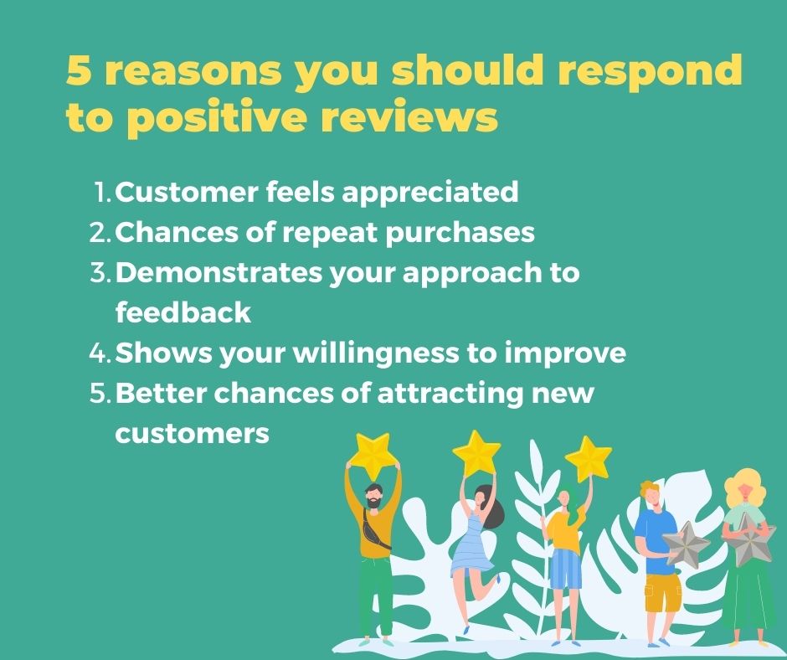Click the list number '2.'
(x=100, y=232)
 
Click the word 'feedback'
(x=183, y=312)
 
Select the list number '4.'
(x=100, y=353)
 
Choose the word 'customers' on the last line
(x=192, y=433)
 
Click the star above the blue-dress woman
(x=476, y=452)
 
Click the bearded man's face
(x=373, y=497)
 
